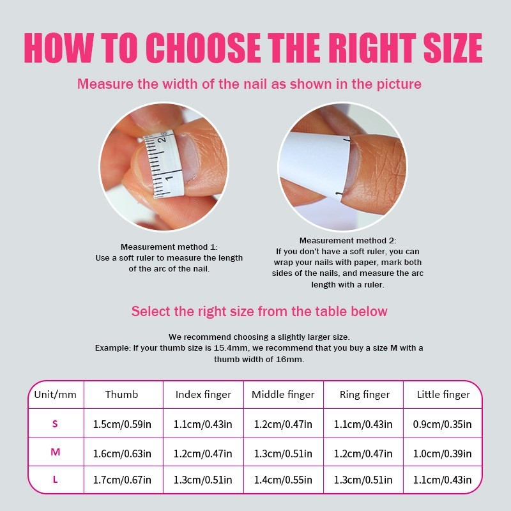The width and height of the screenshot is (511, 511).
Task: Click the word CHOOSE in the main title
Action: point(203,47)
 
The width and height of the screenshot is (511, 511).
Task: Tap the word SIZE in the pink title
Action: point(453,47)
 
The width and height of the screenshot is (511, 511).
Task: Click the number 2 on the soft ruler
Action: point(162,139)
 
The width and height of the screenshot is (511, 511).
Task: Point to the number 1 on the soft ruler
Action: point(169,178)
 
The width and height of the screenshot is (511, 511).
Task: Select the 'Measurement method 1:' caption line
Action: point(169,247)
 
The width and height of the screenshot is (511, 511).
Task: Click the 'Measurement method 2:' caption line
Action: point(347,241)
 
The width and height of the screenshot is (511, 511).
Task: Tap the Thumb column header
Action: point(121,395)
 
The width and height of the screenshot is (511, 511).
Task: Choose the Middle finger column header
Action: point(283,395)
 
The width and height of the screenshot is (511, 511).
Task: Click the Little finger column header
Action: point(443,395)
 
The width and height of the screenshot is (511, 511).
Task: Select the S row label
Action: point(55,423)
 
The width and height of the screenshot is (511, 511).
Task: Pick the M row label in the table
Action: point(56,452)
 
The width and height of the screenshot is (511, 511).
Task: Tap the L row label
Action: point(56,480)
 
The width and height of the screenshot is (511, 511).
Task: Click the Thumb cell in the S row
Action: point(122,424)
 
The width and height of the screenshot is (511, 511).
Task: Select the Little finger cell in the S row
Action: point(442,424)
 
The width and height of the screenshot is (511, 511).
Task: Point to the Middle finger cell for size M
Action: point(283,454)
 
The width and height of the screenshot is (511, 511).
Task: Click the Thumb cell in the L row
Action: point(122,480)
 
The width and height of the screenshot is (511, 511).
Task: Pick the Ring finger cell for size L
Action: point(363,480)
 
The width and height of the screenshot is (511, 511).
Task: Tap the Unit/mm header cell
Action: point(56,395)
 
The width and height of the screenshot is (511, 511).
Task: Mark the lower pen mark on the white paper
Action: point(339,194)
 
